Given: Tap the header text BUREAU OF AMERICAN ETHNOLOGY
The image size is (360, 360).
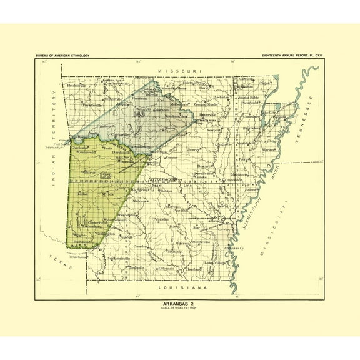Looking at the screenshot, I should point(62,56).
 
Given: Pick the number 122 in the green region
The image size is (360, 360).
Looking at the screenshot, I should point(105,178).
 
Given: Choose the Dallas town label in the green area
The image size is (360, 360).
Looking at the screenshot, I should point(82,194).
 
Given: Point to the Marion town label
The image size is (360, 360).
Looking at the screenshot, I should point(268,150).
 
